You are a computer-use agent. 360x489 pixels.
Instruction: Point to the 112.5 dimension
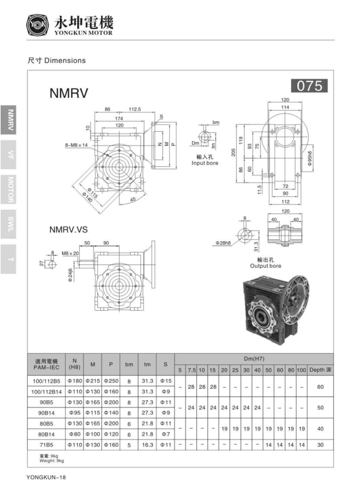tap(135, 109)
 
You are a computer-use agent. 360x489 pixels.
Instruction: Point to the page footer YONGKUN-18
tap(46, 477)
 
